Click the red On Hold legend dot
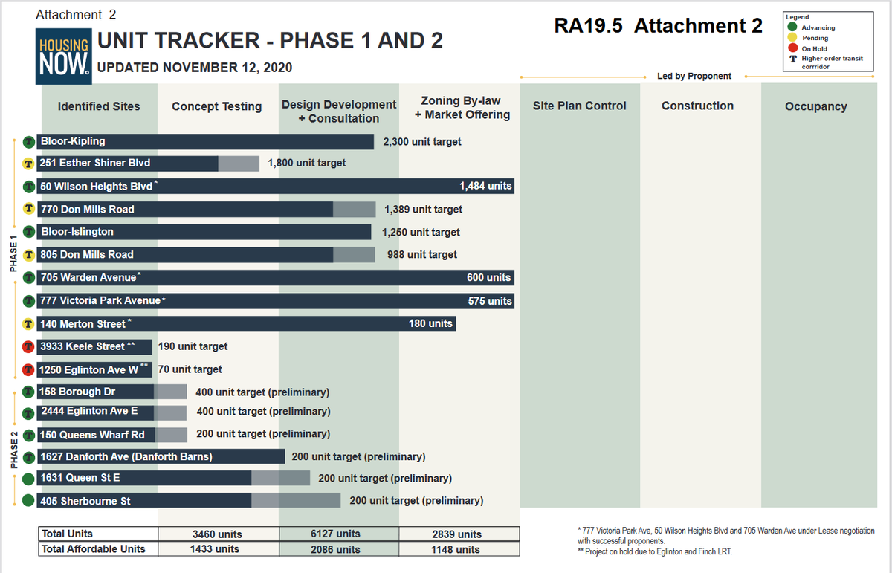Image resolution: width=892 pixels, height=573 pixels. (x=792, y=48)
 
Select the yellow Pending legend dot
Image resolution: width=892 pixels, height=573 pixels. (x=792, y=38)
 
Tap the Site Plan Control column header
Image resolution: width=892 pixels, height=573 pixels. (x=579, y=106)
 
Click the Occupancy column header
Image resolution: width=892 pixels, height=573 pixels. (x=815, y=106)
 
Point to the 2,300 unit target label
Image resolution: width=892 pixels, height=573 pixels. (x=421, y=141)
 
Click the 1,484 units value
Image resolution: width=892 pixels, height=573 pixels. (x=485, y=186)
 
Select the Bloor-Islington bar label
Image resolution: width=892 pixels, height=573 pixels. (x=77, y=232)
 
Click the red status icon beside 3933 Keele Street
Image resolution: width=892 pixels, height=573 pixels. (x=28, y=346)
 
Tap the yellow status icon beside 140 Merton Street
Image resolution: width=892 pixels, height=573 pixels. (x=28, y=324)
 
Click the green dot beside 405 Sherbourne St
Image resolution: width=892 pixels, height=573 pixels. (x=28, y=501)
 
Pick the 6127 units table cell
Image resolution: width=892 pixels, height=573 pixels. (x=337, y=534)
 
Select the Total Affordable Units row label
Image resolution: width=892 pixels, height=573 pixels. (x=94, y=549)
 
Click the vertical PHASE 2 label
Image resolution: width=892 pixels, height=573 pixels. (x=14, y=450)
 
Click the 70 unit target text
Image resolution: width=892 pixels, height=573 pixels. (x=190, y=369)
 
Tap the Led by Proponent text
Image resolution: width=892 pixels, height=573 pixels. (x=694, y=76)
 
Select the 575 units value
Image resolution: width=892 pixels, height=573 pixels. (x=489, y=301)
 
